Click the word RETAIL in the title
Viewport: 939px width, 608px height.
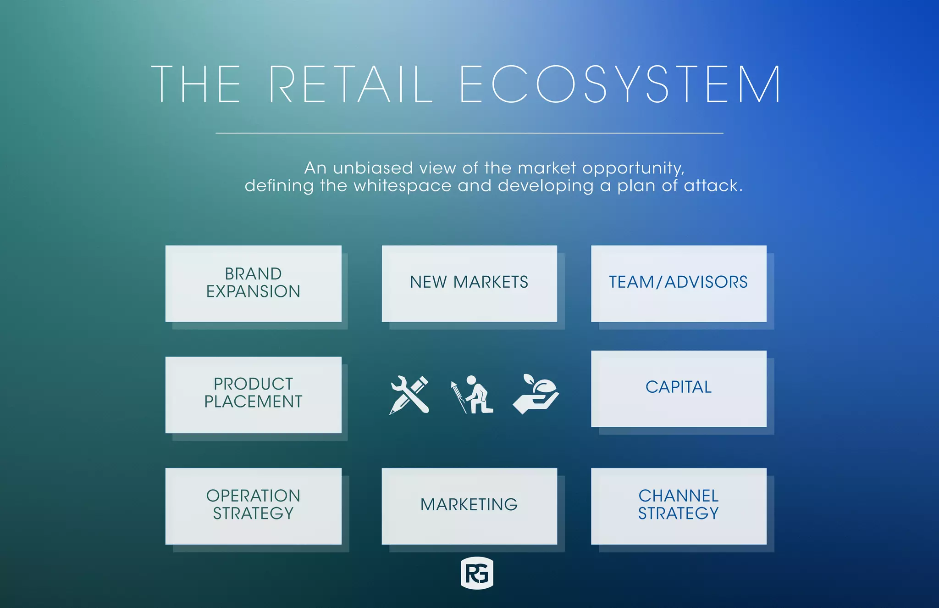(x=351, y=84)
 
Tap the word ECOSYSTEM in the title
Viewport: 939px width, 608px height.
(x=620, y=84)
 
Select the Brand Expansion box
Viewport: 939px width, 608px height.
(x=253, y=283)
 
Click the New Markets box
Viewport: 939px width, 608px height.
(x=469, y=283)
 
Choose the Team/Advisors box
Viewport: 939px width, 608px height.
(x=679, y=283)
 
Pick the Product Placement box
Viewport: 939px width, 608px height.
(x=253, y=394)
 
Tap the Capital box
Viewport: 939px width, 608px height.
(x=679, y=388)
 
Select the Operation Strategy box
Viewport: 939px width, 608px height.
(x=253, y=506)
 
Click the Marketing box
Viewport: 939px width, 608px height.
(x=469, y=506)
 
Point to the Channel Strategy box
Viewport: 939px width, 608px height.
(x=679, y=506)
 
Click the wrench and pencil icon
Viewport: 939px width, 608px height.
(x=409, y=395)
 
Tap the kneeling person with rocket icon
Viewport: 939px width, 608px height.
(x=472, y=395)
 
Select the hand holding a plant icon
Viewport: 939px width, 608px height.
(x=536, y=394)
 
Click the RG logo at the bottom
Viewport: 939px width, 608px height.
(x=477, y=573)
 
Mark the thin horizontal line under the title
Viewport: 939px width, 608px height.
(x=469, y=133)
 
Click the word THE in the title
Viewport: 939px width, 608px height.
(x=196, y=84)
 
